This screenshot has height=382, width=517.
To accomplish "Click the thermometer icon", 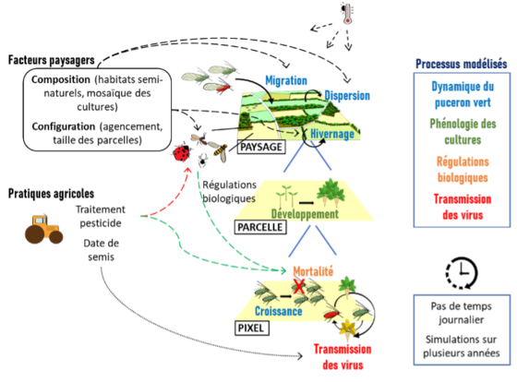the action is tap(347, 13).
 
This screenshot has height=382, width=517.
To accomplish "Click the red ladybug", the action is tap(182, 153).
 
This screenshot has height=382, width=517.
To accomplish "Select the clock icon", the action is tap(462, 273).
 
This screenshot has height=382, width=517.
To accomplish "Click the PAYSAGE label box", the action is tap(261, 147).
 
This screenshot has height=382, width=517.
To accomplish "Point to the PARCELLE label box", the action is tap(260, 227).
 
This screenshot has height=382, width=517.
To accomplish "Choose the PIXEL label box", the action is tap(251, 328).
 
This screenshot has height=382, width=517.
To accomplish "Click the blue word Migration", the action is tap(286, 80).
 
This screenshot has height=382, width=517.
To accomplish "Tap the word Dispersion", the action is tap(347, 96).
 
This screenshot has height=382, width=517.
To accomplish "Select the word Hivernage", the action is tap(332, 134).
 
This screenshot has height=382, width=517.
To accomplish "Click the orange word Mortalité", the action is tap(313, 271).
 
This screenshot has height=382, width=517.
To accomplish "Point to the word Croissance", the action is tap(279, 311).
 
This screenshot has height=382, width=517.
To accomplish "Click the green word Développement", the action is tap(305, 214).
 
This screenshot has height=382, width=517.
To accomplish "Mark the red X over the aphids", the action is tap(299, 286).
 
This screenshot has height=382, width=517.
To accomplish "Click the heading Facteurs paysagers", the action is tap(52, 60).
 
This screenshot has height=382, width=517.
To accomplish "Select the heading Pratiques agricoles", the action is tap(51, 194).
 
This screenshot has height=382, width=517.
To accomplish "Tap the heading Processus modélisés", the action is tap(462, 64).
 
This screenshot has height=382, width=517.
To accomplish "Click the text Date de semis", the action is tap(102, 250).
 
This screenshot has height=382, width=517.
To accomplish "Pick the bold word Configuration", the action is tap(64, 126).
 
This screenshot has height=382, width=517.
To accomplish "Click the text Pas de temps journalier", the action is tap(462, 313).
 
